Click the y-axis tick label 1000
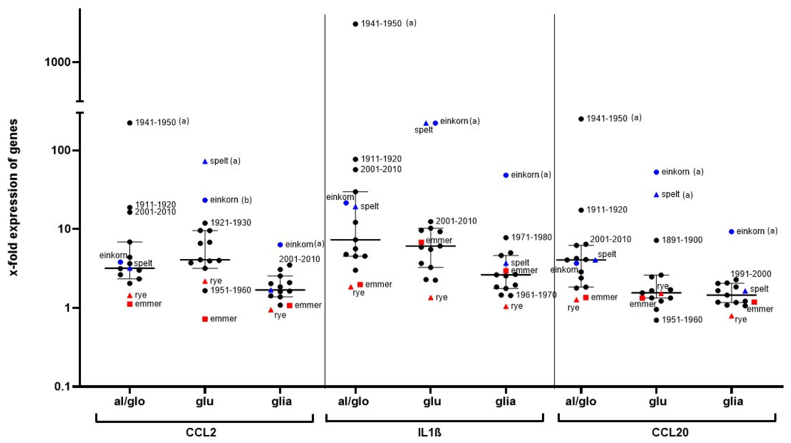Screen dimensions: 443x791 [x=57, y=62]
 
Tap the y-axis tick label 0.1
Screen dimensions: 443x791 [x=63, y=386]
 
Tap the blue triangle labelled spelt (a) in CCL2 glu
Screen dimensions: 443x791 [x=205, y=161]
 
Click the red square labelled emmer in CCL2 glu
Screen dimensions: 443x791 [x=205, y=319]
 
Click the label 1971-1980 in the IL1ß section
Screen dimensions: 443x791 [x=532, y=237]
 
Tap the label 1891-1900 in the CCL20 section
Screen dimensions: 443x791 [x=682, y=240]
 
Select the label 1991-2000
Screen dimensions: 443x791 [x=751, y=274]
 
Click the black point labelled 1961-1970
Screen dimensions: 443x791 [x=510, y=295]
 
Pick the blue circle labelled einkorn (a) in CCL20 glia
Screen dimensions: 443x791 [x=731, y=232]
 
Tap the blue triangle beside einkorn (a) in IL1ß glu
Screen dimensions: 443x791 [x=426, y=123]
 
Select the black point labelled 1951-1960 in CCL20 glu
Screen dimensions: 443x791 [x=656, y=320]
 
